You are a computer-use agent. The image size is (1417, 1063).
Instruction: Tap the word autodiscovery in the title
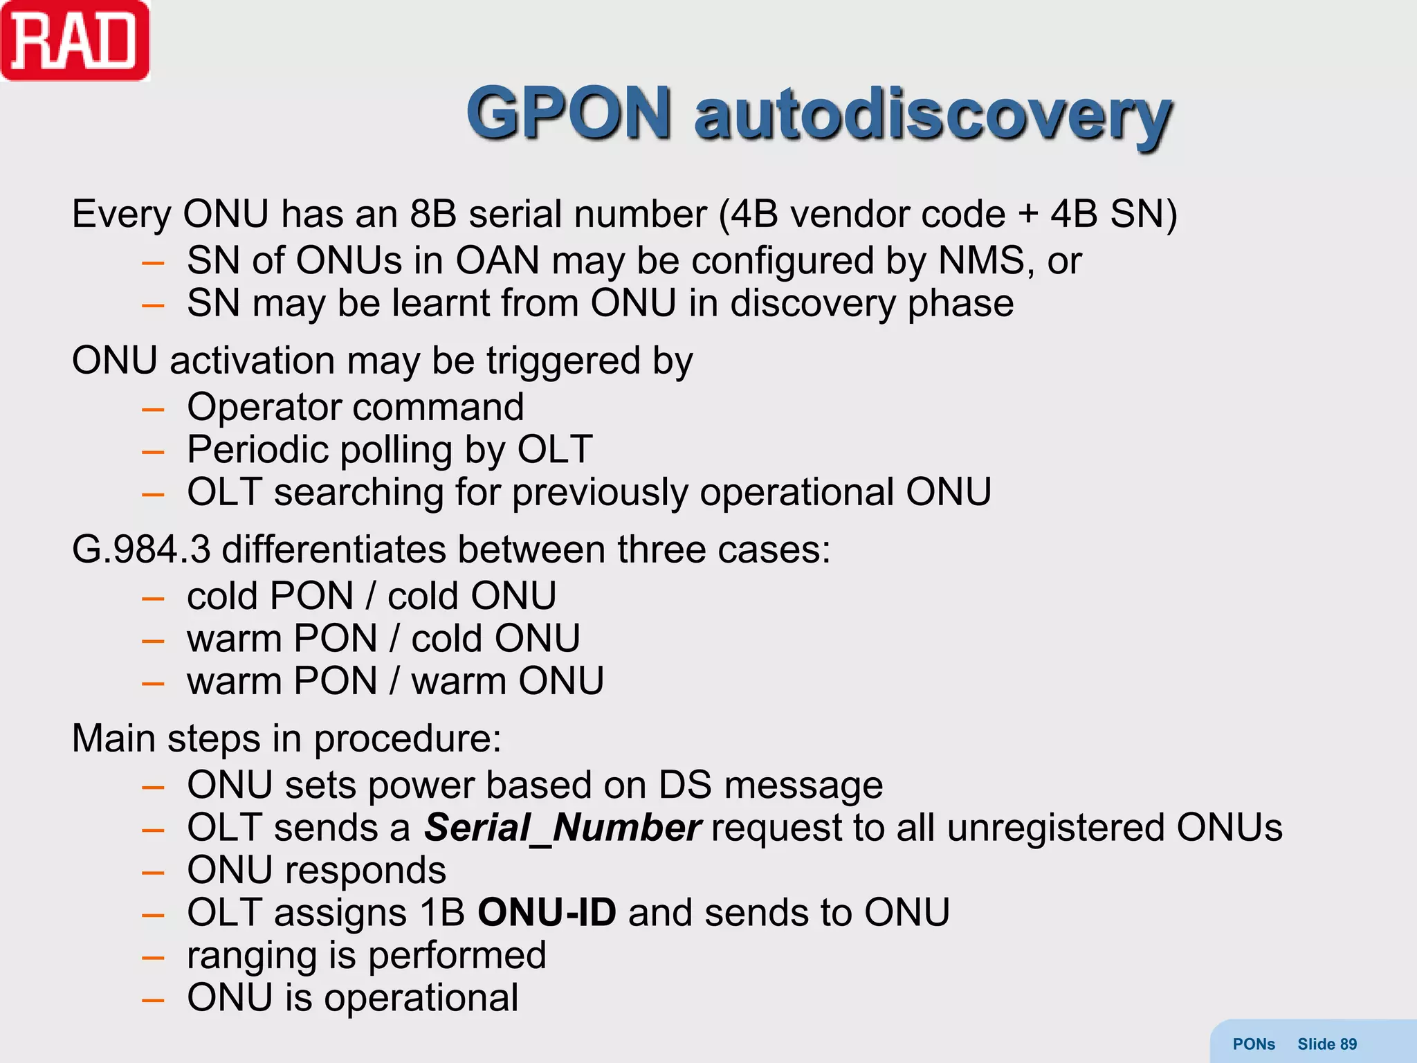[933, 115]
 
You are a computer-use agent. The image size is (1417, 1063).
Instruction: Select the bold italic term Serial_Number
[563, 828]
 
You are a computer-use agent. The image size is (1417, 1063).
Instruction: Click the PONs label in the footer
[1254, 1044]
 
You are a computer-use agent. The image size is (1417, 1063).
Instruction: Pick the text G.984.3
[141, 549]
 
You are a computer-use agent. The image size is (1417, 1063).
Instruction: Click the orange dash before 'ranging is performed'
[153, 958]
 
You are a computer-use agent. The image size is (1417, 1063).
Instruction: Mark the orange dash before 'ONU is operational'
[153, 1000]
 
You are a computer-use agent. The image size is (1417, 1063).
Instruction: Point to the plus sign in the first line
[1028, 215]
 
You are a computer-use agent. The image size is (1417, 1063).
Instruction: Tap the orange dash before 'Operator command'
[153, 410]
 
